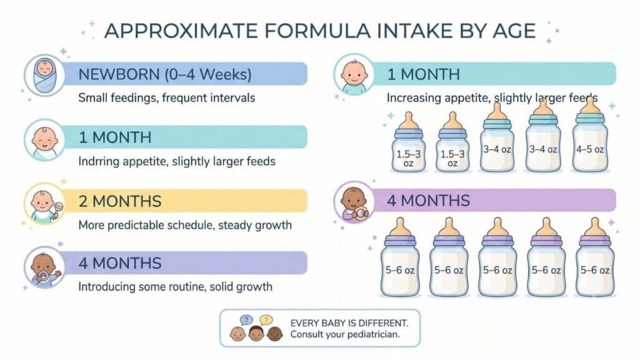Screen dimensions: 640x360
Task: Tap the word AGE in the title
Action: (512, 31)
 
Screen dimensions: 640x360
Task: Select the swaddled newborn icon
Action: (44, 75)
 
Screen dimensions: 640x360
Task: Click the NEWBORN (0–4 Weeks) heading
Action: (165, 74)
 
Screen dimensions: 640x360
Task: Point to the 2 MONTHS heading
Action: (120, 201)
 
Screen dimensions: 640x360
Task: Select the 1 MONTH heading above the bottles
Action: (423, 74)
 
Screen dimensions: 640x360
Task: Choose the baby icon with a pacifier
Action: (44, 267)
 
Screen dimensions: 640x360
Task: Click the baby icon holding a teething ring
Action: (354, 204)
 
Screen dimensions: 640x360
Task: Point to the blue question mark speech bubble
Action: (246, 320)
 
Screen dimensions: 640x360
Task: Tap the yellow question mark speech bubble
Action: (266, 320)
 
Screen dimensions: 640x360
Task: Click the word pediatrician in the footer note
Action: (373, 335)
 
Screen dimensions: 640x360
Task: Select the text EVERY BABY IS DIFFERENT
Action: (349, 323)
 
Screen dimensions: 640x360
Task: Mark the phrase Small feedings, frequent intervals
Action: (166, 98)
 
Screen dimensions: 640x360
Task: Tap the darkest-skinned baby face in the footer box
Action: (275, 334)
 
